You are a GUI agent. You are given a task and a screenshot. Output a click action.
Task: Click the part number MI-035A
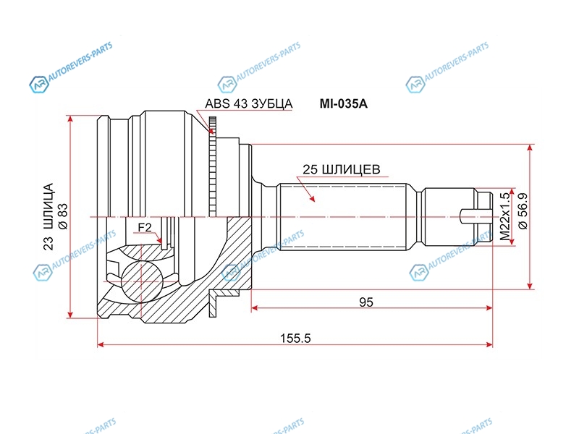[343, 104]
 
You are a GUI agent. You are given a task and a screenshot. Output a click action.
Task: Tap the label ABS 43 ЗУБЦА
[248, 103]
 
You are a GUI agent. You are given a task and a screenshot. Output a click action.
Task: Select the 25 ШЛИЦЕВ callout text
[341, 169]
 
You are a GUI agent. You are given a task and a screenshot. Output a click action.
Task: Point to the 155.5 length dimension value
[295, 338]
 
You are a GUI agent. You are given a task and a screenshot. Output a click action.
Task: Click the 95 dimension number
[366, 302]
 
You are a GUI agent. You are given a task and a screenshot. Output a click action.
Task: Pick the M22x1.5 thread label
[504, 216]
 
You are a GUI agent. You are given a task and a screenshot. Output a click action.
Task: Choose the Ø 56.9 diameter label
[523, 211]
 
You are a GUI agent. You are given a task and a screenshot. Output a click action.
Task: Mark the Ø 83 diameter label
[63, 216]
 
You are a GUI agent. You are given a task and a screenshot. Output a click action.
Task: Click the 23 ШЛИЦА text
[48, 216]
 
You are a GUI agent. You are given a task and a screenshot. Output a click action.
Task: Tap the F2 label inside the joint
[145, 228]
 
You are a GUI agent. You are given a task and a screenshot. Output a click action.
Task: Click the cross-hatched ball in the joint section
[142, 281]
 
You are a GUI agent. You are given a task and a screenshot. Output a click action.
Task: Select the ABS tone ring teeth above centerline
[212, 166]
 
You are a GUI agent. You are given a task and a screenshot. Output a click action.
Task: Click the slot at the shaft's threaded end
[476, 216]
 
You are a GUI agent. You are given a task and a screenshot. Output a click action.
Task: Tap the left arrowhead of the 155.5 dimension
[101, 345]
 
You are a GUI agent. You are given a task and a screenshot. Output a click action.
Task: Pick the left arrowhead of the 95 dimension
[255, 308]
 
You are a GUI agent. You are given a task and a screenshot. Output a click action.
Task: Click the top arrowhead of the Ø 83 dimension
[70, 119]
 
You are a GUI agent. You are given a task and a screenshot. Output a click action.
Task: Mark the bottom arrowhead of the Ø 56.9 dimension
[530, 286]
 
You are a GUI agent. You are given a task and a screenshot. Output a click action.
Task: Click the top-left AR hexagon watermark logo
[39, 84]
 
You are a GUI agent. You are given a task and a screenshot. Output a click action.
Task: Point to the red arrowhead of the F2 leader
[160, 240]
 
